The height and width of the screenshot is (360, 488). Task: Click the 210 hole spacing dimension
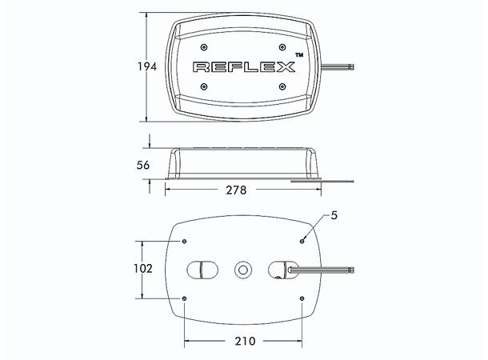click(x=245, y=341)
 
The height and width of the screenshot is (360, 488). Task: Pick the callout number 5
click(x=334, y=216)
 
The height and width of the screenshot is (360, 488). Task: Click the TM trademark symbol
click(x=299, y=54)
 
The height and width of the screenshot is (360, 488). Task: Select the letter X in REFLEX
click(x=284, y=67)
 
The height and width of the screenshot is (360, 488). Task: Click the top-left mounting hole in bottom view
click(x=185, y=241)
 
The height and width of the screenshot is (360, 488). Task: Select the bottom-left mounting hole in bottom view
click(x=185, y=299)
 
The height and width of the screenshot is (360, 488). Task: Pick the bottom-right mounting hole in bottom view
click(x=302, y=299)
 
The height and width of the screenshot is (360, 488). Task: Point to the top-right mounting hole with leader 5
click(x=302, y=241)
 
